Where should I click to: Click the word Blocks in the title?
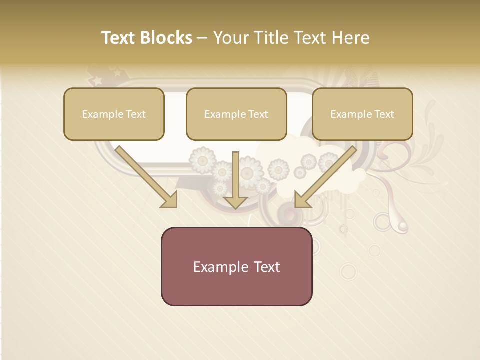click(x=167, y=38)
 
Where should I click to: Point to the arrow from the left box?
click(x=145, y=175)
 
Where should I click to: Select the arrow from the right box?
click(x=327, y=175)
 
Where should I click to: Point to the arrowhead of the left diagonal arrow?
click(x=170, y=200)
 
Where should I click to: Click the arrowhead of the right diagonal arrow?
click(x=302, y=200)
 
